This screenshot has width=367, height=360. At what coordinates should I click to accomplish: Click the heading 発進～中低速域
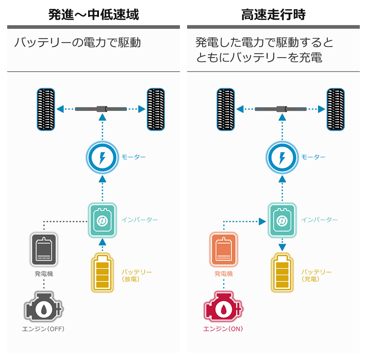(x=94, y=15)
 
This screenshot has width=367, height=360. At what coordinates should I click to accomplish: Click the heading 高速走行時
(x=273, y=15)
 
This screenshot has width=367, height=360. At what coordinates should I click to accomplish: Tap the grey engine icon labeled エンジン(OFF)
(x=43, y=307)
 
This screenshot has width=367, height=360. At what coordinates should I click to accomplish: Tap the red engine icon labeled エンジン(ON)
(x=223, y=307)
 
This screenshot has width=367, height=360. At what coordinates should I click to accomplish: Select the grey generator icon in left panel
(x=44, y=249)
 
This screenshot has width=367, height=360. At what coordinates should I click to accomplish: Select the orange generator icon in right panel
(x=223, y=249)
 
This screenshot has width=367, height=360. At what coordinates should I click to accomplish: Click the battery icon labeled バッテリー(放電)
(x=103, y=273)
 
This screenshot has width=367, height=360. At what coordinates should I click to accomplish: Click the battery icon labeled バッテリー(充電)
(x=282, y=273)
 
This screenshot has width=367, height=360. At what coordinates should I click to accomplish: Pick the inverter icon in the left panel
(x=103, y=220)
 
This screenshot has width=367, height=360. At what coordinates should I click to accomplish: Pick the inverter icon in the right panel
(x=282, y=220)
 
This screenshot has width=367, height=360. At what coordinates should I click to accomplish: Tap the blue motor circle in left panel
(x=103, y=158)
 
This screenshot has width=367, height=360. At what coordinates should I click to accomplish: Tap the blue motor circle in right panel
(x=282, y=158)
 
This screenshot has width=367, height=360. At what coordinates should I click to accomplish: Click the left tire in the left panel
(x=46, y=109)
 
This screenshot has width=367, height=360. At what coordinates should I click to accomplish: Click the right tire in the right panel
(x=335, y=109)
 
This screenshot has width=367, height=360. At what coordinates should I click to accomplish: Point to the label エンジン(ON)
(x=223, y=329)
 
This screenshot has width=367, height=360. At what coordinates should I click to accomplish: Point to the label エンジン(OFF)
(x=44, y=329)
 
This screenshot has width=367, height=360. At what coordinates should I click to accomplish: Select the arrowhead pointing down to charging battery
(x=282, y=247)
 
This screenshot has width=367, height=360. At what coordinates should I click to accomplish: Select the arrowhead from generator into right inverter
(x=262, y=221)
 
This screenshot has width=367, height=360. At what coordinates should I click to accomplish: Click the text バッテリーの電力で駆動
(x=77, y=43)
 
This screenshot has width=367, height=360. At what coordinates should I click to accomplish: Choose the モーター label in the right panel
(x=313, y=157)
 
